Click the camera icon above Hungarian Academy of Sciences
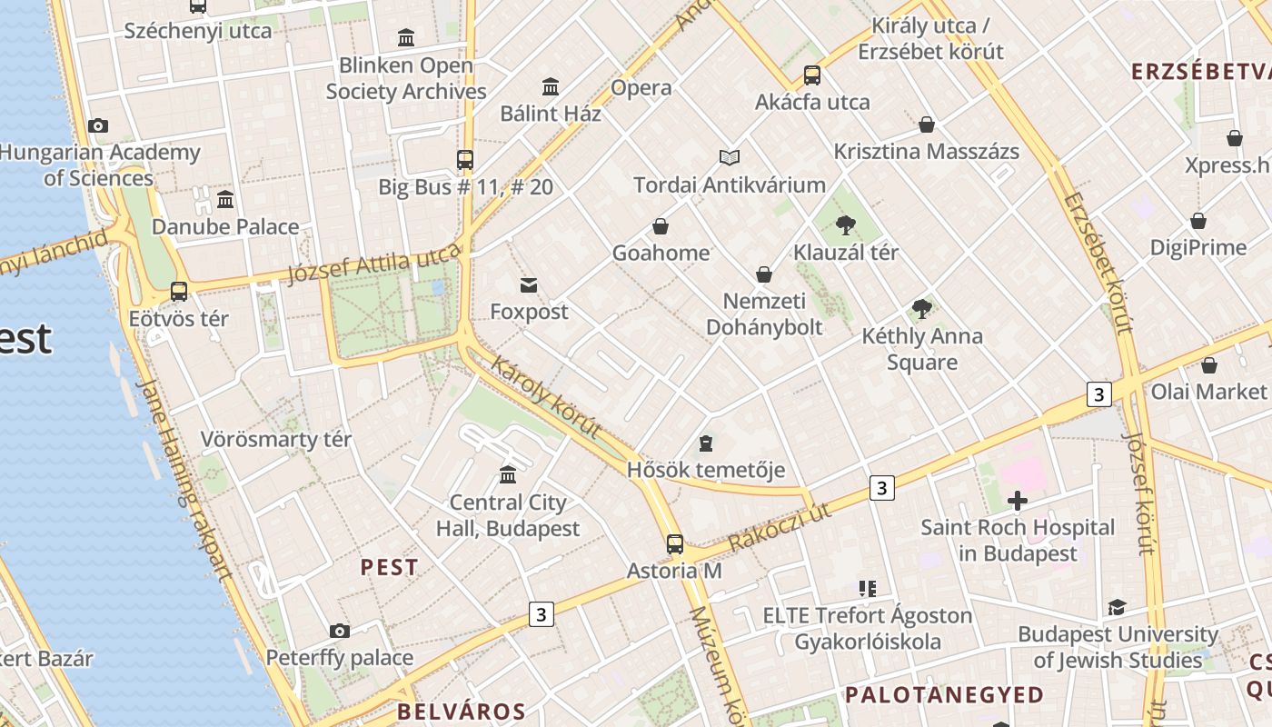click(x=98, y=125)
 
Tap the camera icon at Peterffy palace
click(x=339, y=631)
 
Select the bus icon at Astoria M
click(x=674, y=543)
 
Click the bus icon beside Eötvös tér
click(x=179, y=292)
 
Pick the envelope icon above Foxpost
click(x=528, y=285)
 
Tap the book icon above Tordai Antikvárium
click(x=729, y=157)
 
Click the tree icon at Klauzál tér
click(x=846, y=224)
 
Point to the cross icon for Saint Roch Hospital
click(x=1018, y=500)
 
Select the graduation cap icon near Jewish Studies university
click(x=1117, y=607)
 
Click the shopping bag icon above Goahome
click(x=661, y=225)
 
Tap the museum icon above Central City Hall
click(x=508, y=474)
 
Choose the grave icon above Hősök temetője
click(x=706, y=443)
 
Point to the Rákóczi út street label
click(x=779, y=526)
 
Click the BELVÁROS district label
click(x=461, y=712)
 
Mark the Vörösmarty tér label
click(x=275, y=440)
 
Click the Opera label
click(x=641, y=88)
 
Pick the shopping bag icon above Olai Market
click(x=1208, y=365)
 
